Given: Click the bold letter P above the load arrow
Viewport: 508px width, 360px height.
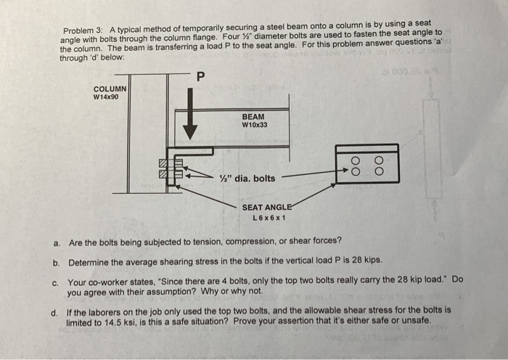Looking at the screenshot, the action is click(201, 75).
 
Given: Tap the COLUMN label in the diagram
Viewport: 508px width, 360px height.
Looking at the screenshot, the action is click(110, 89).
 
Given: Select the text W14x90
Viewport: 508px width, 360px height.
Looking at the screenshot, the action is click(106, 97).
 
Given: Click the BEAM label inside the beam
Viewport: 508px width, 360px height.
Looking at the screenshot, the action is click(254, 116).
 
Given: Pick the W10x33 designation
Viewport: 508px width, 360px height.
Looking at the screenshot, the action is click(254, 125).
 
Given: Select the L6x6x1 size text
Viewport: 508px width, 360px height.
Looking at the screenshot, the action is click(269, 218).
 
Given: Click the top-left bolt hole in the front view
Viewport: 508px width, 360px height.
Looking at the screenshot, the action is click(356, 160).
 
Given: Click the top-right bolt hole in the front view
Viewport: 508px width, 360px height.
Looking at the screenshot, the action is click(377, 160).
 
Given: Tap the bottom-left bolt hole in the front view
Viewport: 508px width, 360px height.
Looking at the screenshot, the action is click(356, 172).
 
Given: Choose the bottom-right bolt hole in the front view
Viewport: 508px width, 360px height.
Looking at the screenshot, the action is click(377, 172).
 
